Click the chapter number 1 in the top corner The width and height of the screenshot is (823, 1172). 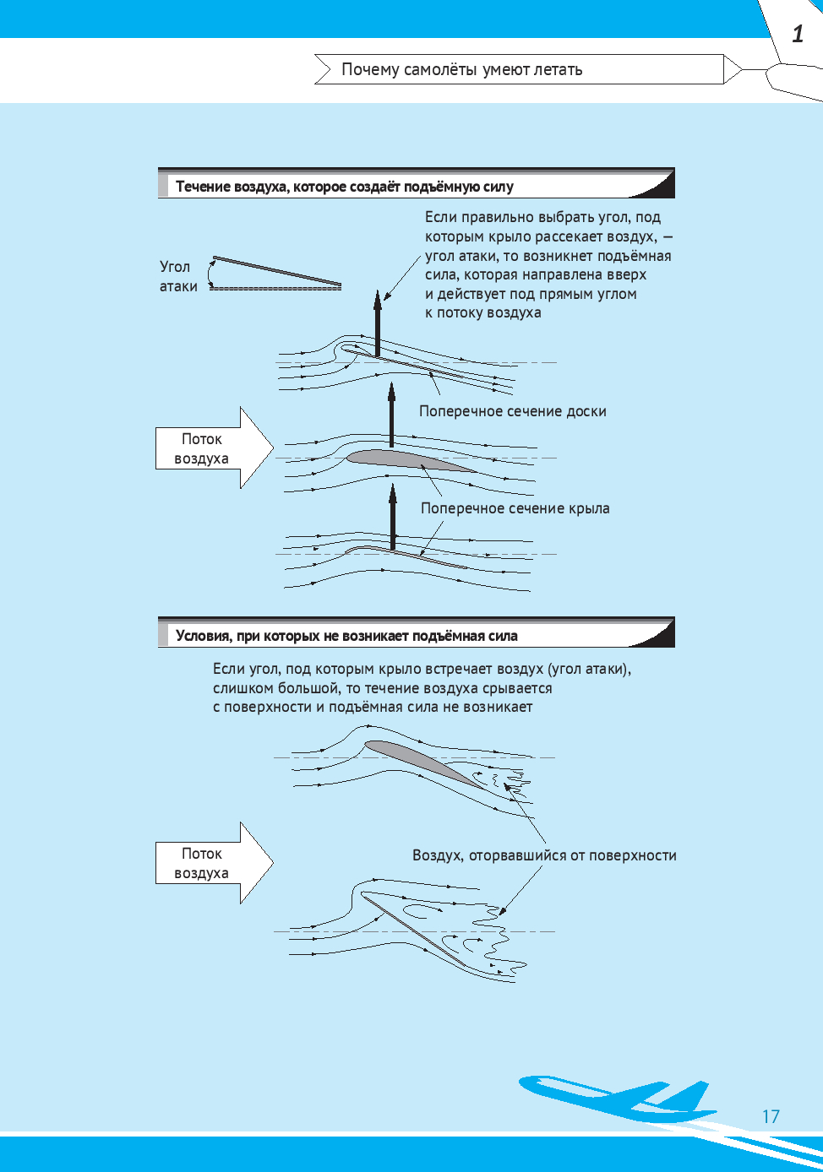tap(798, 34)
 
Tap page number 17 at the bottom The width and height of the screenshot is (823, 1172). tap(771, 1116)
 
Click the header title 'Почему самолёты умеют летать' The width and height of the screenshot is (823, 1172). tap(461, 69)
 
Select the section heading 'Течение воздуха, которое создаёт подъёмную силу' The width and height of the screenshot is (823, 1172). tap(344, 187)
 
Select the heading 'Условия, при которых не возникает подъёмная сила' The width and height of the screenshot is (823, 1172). tap(346, 636)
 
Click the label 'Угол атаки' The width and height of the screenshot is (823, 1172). tap(177, 276)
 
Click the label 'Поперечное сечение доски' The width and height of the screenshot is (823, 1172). tap(512, 411)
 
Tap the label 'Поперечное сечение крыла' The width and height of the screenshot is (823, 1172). tap(515, 508)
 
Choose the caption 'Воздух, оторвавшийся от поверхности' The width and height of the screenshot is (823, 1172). tap(544, 855)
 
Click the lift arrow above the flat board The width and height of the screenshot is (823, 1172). tap(378, 325)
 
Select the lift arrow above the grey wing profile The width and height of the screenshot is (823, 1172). tap(391, 415)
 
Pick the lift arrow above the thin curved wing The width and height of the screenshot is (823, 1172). tap(393, 517)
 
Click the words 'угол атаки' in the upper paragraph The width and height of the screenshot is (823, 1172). tap(461, 256)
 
